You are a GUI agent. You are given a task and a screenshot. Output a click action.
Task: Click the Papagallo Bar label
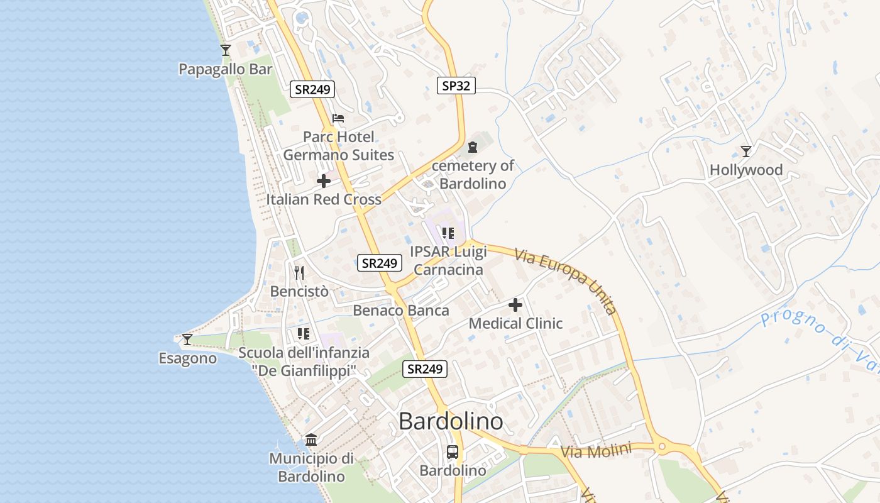[x=225, y=69]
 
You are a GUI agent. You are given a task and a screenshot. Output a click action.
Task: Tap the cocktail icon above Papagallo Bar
[x=226, y=50]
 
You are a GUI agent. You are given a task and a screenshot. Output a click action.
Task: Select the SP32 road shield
[x=456, y=86]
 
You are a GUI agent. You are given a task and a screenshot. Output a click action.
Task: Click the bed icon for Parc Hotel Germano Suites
[x=338, y=118]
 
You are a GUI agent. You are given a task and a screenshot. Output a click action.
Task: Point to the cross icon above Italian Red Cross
[x=324, y=181]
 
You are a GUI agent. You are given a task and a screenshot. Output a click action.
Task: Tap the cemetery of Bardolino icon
[x=473, y=147]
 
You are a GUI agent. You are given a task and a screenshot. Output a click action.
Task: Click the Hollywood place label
[x=746, y=170]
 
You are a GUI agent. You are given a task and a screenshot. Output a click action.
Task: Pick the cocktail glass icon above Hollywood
[x=746, y=151]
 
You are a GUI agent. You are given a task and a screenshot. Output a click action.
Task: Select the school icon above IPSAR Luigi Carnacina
[x=448, y=233]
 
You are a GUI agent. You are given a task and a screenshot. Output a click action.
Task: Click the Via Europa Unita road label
[x=565, y=281]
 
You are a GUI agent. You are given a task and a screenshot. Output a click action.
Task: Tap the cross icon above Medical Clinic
[x=515, y=306]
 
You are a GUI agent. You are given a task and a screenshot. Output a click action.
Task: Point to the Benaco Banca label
[x=401, y=310]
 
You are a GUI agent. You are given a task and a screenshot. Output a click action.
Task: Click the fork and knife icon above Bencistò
[x=299, y=273]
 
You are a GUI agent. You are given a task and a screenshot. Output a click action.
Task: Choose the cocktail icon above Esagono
[x=187, y=340]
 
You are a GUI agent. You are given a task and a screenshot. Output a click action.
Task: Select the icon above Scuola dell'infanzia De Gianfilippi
[x=304, y=334]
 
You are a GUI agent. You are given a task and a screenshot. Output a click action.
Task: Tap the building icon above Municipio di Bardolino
[x=311, y=439]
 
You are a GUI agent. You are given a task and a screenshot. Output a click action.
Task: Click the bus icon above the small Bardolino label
[x=453, y=451]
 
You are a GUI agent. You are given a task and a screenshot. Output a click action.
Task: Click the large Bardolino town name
[x=451, y=421]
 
